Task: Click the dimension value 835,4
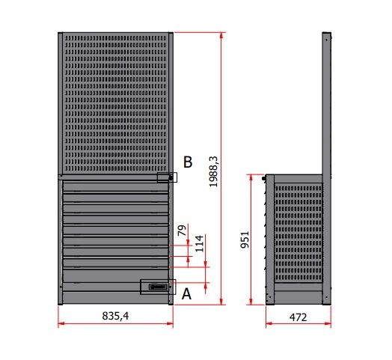pos(115,316)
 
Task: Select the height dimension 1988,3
pos(213,171)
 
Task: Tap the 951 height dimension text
pos(245,240)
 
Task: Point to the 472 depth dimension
pos(298,317)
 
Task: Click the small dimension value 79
pos(183,231)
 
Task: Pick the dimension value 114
pos(199,244)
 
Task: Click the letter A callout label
pos(186,294)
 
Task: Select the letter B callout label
pos(188,162)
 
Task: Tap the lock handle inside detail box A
pos(158,287)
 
